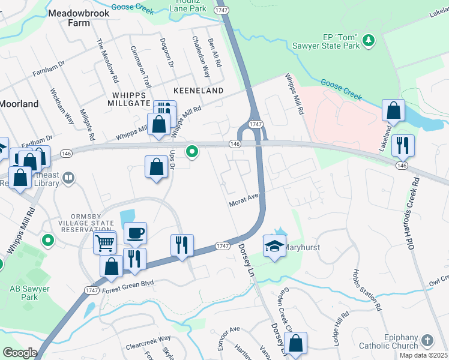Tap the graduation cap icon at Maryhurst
point(274,246)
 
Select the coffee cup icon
point(135,233)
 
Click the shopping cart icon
point(104,242)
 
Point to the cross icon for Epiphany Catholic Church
point(427,340)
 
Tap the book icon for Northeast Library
point(69,178)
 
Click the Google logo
point(19,353)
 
